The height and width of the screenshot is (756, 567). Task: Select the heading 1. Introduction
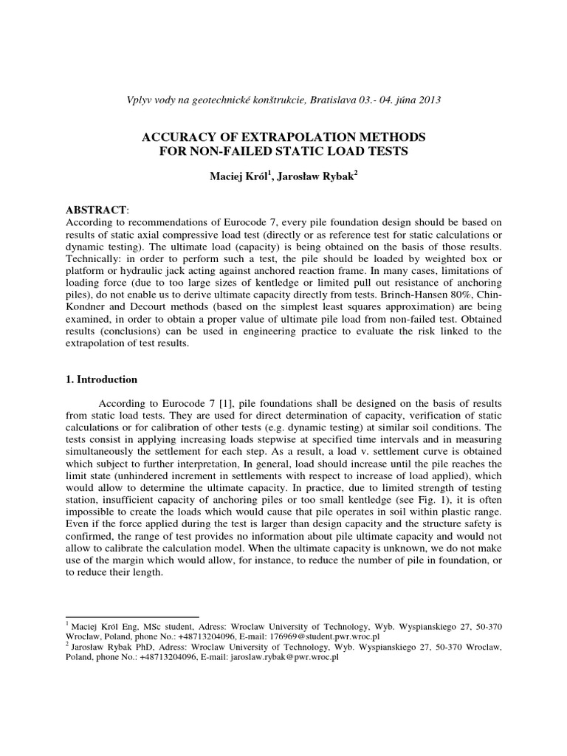coord(102,379)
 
